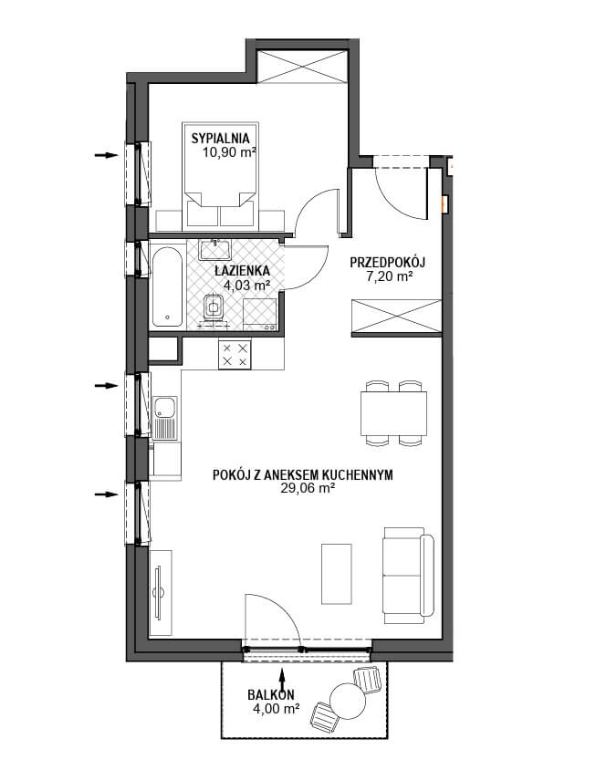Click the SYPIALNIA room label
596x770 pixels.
coord(221,139)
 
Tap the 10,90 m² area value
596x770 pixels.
coord(229,152)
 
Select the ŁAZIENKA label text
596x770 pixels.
coord(242,270)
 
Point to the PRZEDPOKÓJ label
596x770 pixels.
coord(387,263)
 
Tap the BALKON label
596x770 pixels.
coord(271,695)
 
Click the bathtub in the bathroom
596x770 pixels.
coord(167,286)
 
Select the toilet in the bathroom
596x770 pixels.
coord(213,308)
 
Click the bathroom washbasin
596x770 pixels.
coord(215,249)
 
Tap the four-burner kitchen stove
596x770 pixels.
coord(235,355)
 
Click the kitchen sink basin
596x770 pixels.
coord(163,407)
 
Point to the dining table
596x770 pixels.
coord(393,413)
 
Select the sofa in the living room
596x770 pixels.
coord(409,576)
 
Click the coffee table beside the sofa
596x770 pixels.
coord(337,574)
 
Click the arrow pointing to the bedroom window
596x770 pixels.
coord(107,155)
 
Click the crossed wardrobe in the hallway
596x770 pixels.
coord(397,317)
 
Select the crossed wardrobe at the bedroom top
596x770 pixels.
coord(302,67)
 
